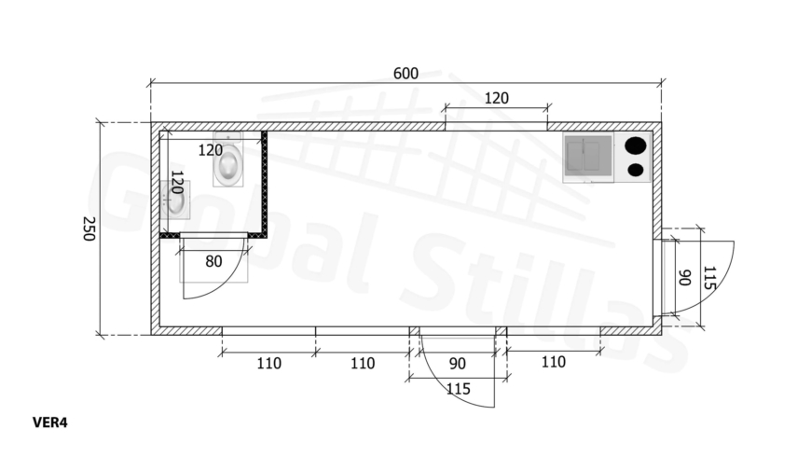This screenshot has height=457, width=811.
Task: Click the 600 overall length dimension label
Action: (x=405, y=74)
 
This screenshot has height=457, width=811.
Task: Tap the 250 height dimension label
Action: (x=89, y=228)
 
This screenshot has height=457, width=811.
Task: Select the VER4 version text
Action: (x=50, y=422)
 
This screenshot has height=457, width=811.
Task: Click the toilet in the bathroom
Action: (x=228, y=159)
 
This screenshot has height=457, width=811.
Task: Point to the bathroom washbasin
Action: (x=175, y=200)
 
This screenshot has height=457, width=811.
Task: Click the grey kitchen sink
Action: (x=588, y=157)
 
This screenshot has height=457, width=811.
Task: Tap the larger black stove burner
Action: (x=636, y=145)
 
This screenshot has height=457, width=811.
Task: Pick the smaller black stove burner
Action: (x=635, y=170)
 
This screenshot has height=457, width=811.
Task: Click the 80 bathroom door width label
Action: (x=213, y=261)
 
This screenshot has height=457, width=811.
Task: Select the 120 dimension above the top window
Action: (x=497, y=98)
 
